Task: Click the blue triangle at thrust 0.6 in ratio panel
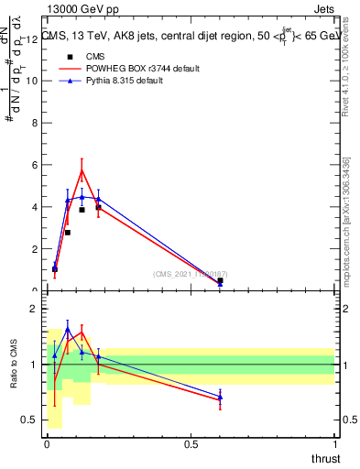[220, 397]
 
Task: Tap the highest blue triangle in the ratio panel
[68, 329]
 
